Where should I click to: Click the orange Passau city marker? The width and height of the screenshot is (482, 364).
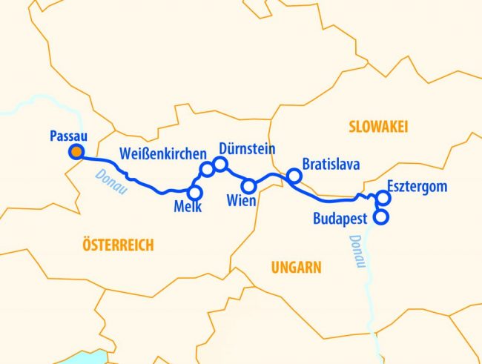click(x=76, y=153)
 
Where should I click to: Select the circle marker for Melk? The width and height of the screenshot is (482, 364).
click(x=195, y=191)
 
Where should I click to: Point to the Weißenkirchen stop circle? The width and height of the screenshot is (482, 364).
click(x=207, y=170)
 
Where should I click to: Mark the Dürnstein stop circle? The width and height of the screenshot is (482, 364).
click(x=219, y=163)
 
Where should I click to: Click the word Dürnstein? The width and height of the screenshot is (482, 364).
click(x=247, y=149)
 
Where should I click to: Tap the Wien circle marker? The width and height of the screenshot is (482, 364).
click(x=250, y=185)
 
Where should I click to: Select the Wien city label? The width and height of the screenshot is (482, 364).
click(x=242, y=201)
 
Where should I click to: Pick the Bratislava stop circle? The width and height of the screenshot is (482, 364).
click(x=294, y=176)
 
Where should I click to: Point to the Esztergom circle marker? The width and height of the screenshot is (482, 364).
click(x=383, y=197)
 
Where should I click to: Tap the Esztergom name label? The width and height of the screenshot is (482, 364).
click(x=417, y=186)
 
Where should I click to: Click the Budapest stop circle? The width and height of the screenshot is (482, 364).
click(x=381, y=217)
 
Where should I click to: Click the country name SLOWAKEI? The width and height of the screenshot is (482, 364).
click(x=379, y=127)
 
